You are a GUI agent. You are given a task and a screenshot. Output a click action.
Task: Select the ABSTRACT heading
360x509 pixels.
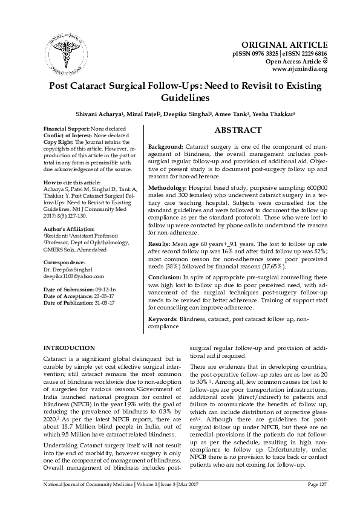click(x=238, y=130)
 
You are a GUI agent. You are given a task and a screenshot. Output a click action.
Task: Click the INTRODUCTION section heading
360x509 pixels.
click(x=70, y=348)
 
